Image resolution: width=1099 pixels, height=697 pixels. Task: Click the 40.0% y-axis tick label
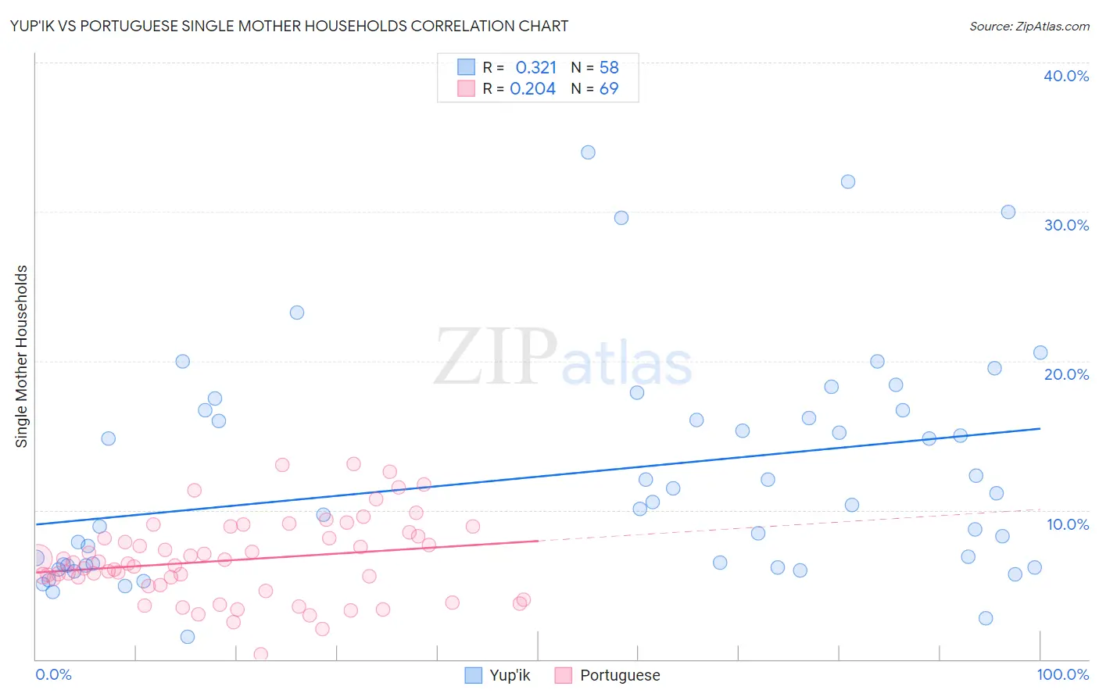1066,76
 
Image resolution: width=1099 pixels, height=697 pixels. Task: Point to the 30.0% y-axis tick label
1066,225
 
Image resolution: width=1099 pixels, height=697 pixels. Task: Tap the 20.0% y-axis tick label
1066,374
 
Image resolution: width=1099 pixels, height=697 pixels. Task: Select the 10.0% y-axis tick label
1068,524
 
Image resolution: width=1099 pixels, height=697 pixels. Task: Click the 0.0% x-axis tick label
53,674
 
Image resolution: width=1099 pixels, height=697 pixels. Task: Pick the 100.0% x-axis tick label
1062,674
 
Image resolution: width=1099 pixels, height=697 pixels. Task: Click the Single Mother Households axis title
22,356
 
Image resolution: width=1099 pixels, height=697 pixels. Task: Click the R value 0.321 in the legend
535,67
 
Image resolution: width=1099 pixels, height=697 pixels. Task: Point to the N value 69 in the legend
608,89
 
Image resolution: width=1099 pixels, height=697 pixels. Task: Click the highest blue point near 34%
588,152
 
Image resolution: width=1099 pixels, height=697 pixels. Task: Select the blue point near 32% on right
847,182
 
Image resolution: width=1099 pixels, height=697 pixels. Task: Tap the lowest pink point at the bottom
261,654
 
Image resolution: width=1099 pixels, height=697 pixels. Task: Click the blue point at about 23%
297,313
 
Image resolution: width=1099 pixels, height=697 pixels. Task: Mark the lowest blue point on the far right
986,618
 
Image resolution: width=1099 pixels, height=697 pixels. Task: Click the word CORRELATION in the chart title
462,26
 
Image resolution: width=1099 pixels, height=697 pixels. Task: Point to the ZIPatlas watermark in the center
563,357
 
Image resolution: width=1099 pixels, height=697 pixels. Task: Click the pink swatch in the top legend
466,89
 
